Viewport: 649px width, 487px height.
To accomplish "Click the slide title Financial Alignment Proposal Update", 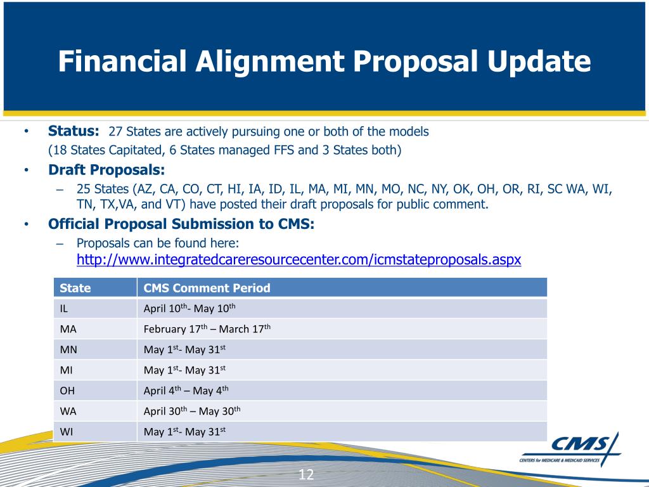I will click(x=324, y=62).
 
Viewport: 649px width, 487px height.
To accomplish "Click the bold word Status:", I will click(x=74, y=131).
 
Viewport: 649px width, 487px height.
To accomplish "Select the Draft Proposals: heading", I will click(x=106, y=170).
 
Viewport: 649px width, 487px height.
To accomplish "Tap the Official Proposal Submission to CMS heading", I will click(x=181, y=224).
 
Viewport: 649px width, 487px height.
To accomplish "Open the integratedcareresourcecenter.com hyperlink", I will click(x=299, y=259).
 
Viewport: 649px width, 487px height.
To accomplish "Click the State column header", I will click(x=75, y=288).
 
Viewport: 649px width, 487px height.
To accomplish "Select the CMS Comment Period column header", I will click(x=207, y=288).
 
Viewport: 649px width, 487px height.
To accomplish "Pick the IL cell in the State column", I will click(x=65, y=309).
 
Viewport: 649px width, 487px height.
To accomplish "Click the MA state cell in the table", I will click(x=68, y=329).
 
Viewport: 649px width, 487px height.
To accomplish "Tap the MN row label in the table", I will click(x=68, y=349).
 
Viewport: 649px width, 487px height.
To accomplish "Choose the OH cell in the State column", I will click(x=68, y=391).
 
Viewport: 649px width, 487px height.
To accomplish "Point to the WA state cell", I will click(x=68, y=411).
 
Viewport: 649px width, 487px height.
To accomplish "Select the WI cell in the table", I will click(x=67, y=432).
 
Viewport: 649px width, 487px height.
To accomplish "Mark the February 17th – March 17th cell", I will click(x=207, y=329).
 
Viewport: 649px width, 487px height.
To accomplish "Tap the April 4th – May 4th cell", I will click(x=186, y=391).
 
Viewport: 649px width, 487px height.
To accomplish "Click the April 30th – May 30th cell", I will click(x=192, y=411).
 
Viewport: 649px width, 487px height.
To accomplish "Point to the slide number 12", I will click(x=306, y=475).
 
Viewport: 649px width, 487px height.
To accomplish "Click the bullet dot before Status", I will click(x=26, y=132).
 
